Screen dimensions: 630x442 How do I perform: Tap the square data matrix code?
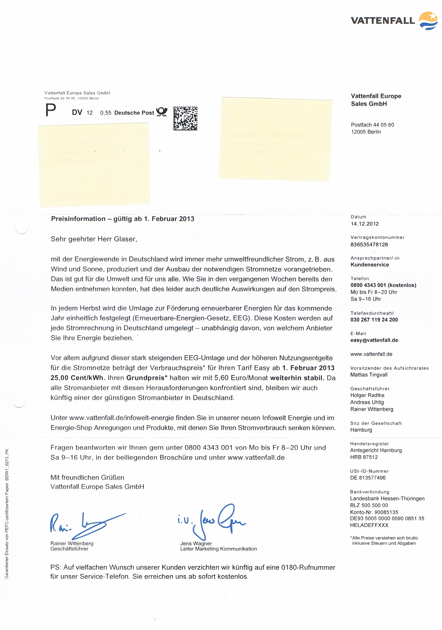185,118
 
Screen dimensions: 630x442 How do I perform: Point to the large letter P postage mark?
50,110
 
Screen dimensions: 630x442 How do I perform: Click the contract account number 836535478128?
369,245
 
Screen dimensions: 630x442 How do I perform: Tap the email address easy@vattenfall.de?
374,340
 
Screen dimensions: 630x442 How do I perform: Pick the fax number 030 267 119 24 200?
374,320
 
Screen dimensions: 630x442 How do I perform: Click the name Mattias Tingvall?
369,375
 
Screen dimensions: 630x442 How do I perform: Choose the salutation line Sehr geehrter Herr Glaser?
94,239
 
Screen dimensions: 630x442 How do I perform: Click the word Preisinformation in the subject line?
78,219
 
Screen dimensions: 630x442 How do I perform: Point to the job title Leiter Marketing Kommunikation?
218,549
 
